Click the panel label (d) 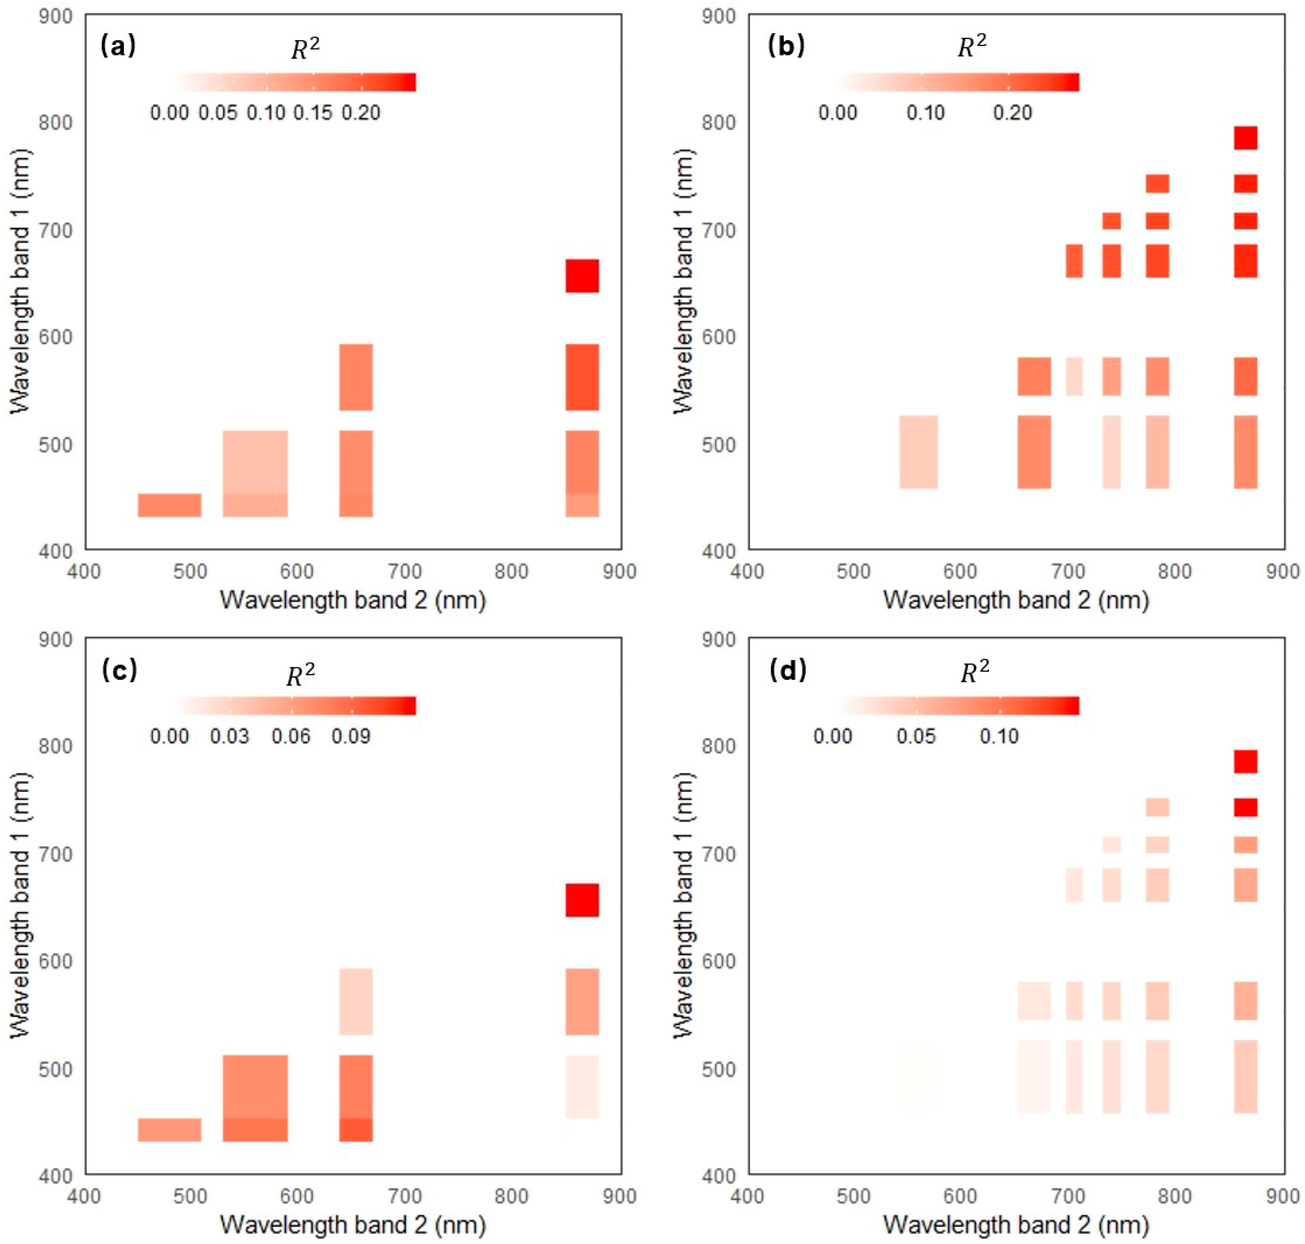coord(787,671)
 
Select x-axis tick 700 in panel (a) coord(405,571)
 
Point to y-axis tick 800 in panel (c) coord(55,746)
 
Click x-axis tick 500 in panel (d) coord(853,1195)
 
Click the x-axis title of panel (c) coord(353,1224)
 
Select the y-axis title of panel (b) coord(683,282)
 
